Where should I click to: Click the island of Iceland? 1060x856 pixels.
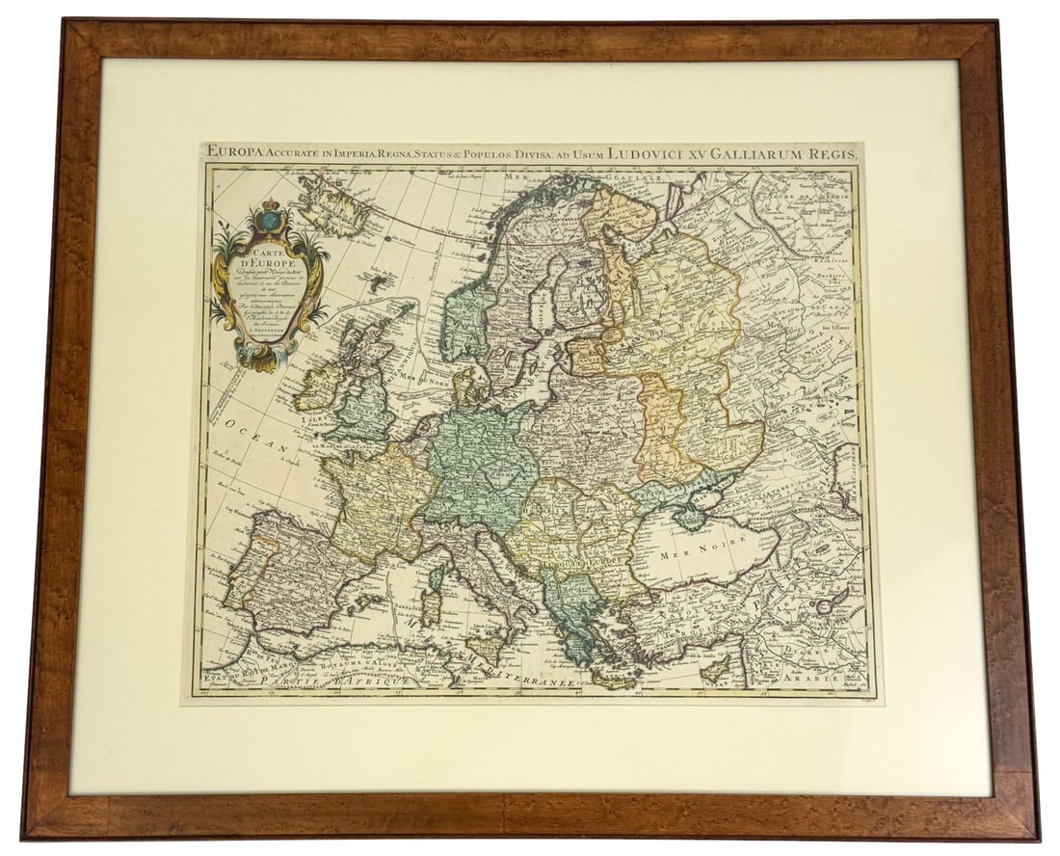click(x=332, y=206)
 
